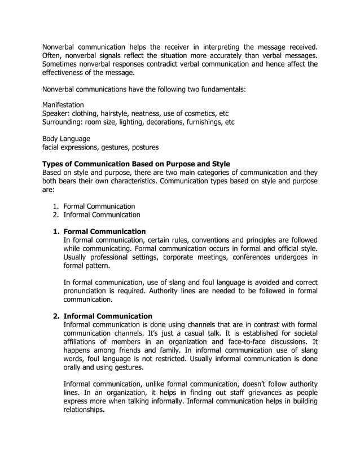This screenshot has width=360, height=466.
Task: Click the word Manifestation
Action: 63,104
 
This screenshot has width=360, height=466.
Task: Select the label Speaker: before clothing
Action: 58,113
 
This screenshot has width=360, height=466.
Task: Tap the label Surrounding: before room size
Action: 65,122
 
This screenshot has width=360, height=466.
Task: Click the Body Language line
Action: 66,138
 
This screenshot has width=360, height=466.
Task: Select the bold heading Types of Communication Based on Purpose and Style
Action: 136,164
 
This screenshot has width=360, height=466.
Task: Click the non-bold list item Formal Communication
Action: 99,206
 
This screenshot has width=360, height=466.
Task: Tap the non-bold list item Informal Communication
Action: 102,215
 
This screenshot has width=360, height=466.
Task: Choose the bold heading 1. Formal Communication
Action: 104,231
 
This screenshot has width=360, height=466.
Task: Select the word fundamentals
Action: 223,89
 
